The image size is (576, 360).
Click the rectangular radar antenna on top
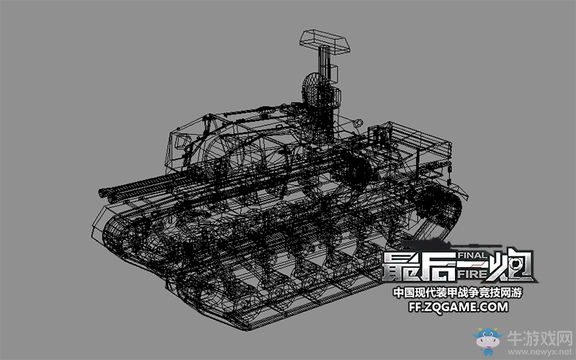click(x=325, y=41)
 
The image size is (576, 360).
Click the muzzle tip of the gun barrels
click(x=102, y=192)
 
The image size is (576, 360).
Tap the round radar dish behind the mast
click(x=310, y=89)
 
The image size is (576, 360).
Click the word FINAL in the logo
click(x=472, y=256)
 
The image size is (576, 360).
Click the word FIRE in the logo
click(x=473, y=274)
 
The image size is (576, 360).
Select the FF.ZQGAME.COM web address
click(x=459, y=307)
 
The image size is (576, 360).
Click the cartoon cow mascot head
click(x=487, y=340)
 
